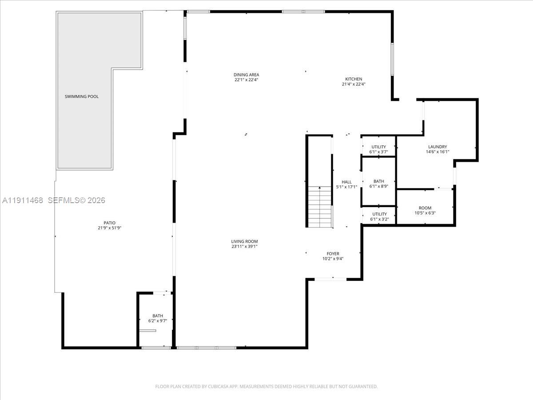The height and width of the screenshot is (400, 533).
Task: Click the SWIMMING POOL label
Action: click(x=82, y=96)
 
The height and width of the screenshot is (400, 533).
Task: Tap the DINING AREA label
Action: click(x=246, y=75)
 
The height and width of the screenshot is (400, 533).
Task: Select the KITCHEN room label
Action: click(x=354, y=79)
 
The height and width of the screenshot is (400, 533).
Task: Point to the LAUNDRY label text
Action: click(x=437, y=147)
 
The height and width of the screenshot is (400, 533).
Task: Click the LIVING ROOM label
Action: click(x=244, y=241)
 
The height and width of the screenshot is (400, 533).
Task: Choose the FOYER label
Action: click(x=333, y=254)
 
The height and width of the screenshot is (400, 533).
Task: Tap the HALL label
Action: click(x=346, y=182)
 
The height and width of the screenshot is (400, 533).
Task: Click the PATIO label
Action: click(x=110, y=223)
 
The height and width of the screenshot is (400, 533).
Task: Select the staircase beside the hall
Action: click(x=319, y=206)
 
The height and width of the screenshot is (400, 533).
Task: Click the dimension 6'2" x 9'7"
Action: click(x=158, y=320)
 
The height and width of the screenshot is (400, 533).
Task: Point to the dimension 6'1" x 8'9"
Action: click(x=378, y=186)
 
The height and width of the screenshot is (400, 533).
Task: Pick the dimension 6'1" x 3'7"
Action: click(x=378, y=152)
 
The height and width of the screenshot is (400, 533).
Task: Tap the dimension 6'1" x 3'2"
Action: click(x=379, y=219)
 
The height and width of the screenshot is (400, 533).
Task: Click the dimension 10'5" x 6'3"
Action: click(x=425, y=213)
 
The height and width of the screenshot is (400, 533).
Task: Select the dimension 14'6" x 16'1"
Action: click(x=437, y=152)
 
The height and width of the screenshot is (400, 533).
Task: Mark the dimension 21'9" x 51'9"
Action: click(x=110, y=228)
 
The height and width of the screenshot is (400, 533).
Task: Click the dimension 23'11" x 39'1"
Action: click(x=244, y=246)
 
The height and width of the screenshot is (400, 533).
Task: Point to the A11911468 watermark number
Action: click(x=22, y=200)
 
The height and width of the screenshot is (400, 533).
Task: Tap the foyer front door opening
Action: click(x=330, y=279)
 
